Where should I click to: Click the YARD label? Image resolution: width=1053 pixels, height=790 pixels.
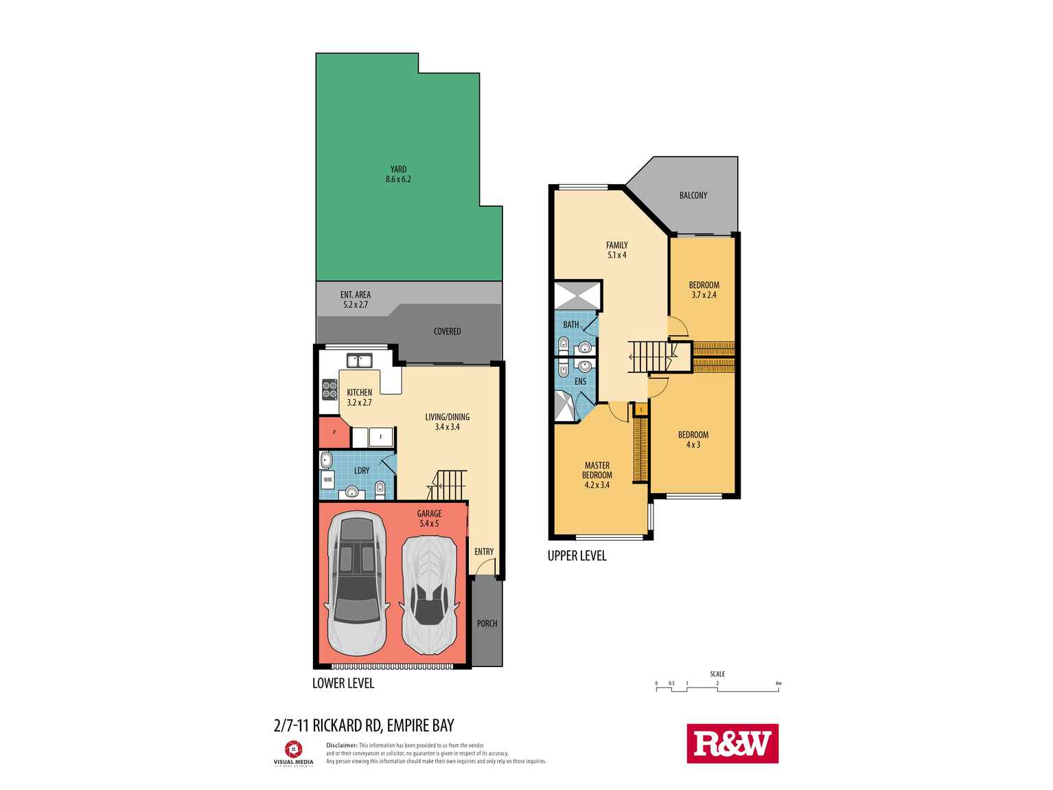click(x=398, y=169)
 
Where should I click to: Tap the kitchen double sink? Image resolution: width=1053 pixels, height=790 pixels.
click(x=358, y=361)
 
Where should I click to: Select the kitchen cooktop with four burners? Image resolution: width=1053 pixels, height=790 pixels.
click(x=329, y=390)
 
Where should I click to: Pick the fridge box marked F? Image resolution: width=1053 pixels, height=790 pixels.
click(x=380, y=436)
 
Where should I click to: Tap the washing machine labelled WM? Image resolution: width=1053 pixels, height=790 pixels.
click(x=327, y=479)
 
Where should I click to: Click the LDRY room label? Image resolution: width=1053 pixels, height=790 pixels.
click(x=362, y=471)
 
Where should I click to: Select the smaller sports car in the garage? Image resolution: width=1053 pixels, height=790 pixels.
click(x=429, y=589)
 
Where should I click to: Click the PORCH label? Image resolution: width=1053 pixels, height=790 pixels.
click(x=487, y=623)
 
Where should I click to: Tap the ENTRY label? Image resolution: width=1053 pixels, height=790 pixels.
click(x=484, y=551)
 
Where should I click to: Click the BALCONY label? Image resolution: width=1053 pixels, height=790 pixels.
click(x=693, y=195)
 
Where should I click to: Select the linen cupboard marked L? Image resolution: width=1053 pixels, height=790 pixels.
click(x=641, y=409)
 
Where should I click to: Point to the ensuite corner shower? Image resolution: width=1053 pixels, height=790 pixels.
click(x=568, y=406)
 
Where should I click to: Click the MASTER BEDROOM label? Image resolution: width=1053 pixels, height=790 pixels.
click(x=597, y=470)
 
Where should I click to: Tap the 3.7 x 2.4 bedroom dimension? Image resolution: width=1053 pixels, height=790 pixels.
click(x=704, y=295)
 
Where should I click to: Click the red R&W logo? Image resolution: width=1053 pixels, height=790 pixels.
click(x=732, y=743)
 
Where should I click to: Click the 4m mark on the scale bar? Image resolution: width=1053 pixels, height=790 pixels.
click(x=778, y=684)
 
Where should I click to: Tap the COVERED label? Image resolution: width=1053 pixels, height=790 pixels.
click(x=447, y=331)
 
